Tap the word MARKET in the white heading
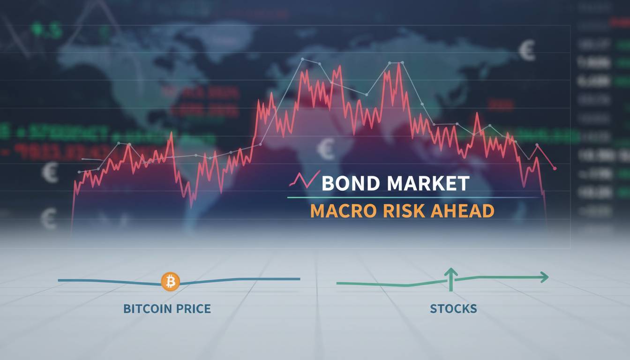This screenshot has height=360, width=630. point(427,183)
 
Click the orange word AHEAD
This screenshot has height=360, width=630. point(462,211)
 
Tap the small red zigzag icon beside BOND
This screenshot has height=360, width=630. point(304,180)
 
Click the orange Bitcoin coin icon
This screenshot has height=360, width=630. point(170,282)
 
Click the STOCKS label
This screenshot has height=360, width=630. point(453,309)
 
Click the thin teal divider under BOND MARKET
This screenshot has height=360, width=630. point(412,198)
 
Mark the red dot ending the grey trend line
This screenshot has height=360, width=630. point(555,168)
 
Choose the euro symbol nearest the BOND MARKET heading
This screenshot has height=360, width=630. point(326,149)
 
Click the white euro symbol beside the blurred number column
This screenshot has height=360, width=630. point(527,51)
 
